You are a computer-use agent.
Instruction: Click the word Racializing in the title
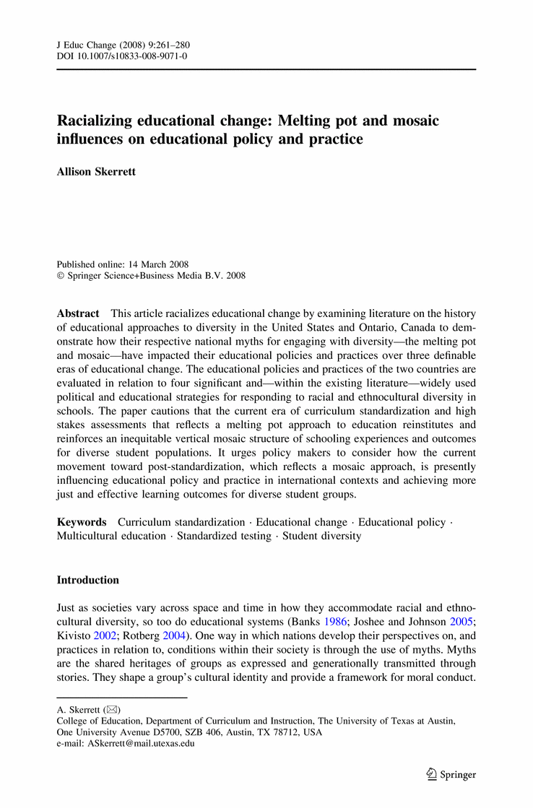(x=98, y=121)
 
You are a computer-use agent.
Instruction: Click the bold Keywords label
(x=82, y=522)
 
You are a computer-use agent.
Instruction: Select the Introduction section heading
(x=88, y=580)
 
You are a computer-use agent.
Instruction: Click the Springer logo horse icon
(x=431, y=774)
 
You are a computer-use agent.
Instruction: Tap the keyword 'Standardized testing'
(x=225, y=537)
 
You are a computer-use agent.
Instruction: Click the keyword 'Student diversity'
(x=321, y=537)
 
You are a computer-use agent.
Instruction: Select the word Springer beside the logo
(x=459, y=775)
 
